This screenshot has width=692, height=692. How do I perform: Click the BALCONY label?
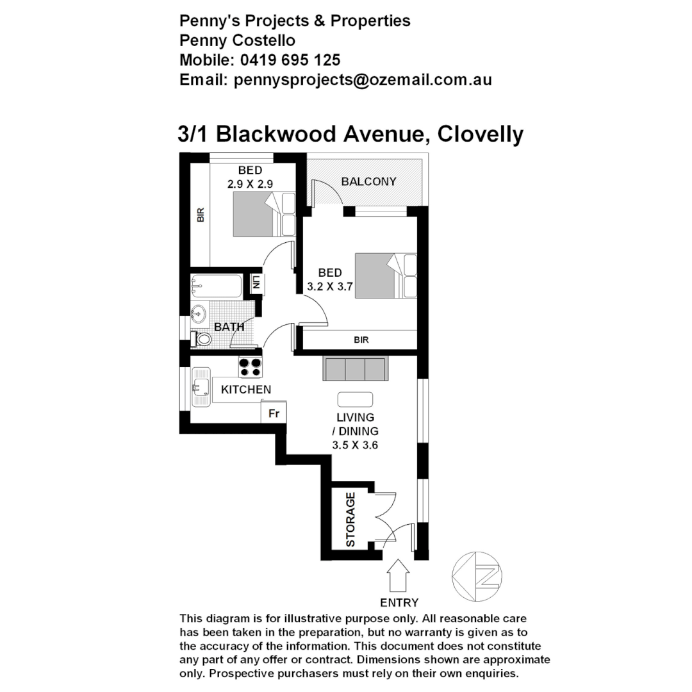(368, 181)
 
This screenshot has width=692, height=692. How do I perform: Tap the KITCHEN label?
(245, 390)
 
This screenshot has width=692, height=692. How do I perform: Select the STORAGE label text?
(350, 520)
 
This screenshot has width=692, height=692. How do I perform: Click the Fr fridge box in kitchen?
(274, 413)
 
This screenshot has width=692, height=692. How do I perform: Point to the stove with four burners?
(250, 367)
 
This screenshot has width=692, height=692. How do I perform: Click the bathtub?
(216, 286)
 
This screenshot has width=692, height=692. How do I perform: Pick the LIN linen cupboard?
(256, 283)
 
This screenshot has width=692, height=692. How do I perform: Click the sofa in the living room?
(355, 369)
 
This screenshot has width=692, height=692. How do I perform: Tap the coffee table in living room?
(355, 399)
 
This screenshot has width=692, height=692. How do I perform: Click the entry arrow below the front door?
(399, 575)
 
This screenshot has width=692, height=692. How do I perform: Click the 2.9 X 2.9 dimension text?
(250, 183)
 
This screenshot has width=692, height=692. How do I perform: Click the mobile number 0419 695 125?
(290, 60)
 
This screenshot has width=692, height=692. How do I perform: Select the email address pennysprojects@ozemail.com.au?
(363, 80)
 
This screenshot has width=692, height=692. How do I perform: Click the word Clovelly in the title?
(481, 135)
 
